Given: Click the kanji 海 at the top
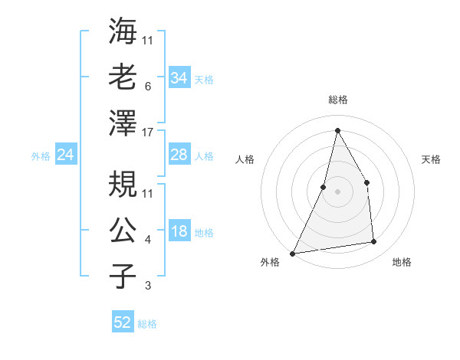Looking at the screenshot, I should [123, 31].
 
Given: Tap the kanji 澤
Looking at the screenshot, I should [123, 123].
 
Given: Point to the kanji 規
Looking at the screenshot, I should [123, 184].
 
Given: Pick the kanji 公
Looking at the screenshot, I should [123, 231].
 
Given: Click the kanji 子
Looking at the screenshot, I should [123, 277].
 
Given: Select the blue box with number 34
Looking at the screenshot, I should [179, 78].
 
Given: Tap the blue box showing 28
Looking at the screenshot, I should [179, 155].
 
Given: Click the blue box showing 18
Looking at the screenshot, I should [179, 232].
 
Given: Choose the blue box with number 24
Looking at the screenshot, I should [65, 155].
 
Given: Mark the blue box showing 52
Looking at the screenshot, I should [123, 322].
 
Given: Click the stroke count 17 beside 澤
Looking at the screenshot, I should [148, 132].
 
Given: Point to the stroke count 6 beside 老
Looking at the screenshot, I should [147, 86].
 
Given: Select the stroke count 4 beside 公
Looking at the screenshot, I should [147, 240].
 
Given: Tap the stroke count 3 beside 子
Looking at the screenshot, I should [147, 286].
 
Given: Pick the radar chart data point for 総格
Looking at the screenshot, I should [337, 129].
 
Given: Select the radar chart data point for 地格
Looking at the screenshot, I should [374, 242].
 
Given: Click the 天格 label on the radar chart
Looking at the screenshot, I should [431, 159].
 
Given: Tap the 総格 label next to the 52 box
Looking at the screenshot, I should [148, 324].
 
